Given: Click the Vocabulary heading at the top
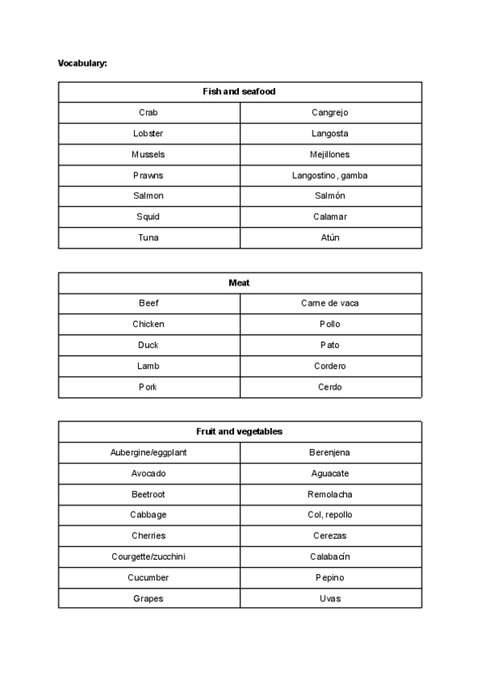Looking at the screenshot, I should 83,63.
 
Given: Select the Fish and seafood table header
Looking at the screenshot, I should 240,91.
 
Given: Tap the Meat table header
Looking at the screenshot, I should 240,282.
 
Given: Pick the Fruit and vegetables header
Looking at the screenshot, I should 240,431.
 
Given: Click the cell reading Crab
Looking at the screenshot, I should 148,112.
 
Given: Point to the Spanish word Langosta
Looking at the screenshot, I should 329,133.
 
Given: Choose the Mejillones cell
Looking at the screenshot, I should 329,154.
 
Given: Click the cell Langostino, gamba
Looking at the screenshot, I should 329,175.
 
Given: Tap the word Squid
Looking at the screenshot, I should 148,217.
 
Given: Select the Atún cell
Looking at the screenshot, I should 329,237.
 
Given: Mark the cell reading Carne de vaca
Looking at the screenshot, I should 329,303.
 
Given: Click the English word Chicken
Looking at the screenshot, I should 148,324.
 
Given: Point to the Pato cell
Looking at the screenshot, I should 329,345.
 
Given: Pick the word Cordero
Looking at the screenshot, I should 329,366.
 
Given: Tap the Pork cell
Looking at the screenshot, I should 148,387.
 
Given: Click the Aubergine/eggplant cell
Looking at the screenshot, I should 148,452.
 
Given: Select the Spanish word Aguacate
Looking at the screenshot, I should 329,473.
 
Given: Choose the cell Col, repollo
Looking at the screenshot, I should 329,515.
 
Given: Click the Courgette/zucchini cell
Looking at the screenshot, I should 148,557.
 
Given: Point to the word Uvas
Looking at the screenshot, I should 329,598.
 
